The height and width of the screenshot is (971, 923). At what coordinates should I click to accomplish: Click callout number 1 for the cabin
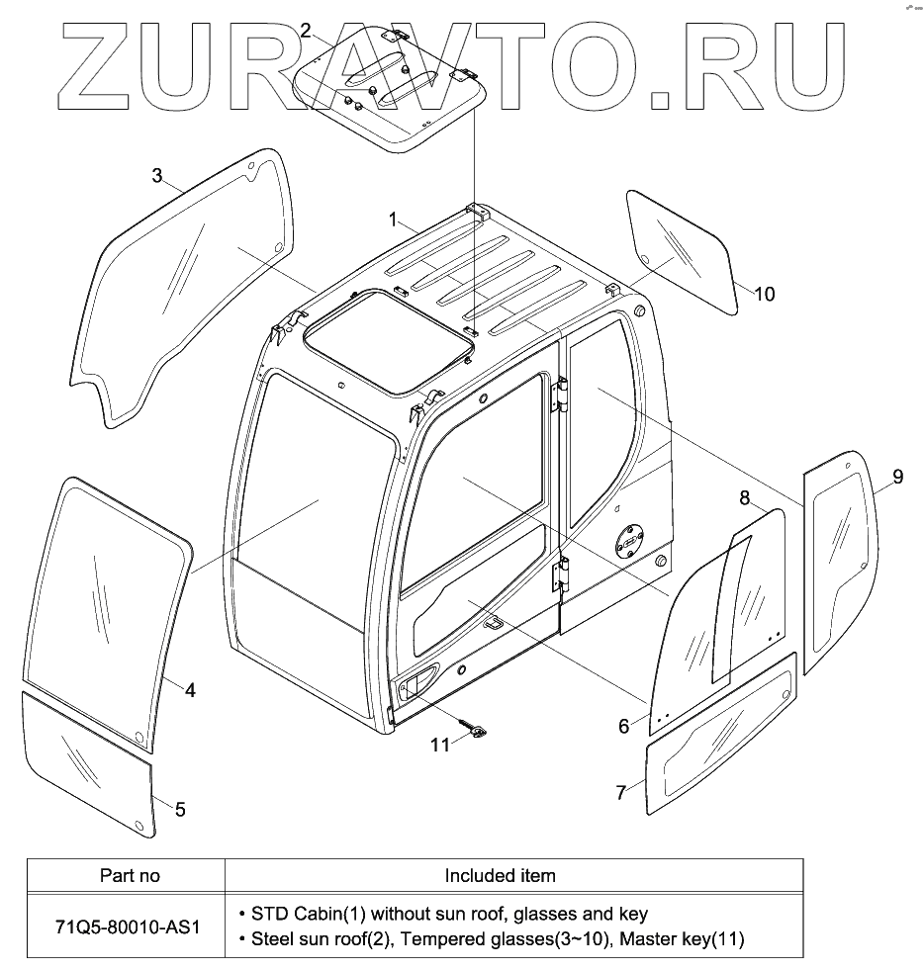pyautogui.click(x=393, y=218)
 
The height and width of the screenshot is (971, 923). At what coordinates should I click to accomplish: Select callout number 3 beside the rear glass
pyautogui.click(x=157, y=176)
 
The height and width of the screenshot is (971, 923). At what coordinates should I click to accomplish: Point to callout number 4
pyautogui.click(x=190, y=691)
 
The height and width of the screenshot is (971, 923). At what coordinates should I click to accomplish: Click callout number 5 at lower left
pyautogui.click(x=179, y=810)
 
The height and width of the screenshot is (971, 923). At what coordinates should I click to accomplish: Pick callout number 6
pyautogui.click(x=623, y=727)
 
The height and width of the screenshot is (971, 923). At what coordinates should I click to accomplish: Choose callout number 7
pyautogui.click(x=621, y=792)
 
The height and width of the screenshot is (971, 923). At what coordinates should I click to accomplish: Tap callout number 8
pyautogui.click(x=744, y=495)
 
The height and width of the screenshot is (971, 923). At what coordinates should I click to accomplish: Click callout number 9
pyautogui.click(x=897, y=478)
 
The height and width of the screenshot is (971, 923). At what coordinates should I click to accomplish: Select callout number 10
pyautogui.click(x=764, y=294)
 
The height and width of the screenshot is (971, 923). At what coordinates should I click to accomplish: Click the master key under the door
pyautogui.click(x=481, y=732)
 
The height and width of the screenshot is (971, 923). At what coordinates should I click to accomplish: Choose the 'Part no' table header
pyautogui.click(x=130, y=875)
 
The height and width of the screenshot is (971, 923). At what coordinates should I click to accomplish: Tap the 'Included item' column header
pyautogui.click(x=500, y=875)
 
